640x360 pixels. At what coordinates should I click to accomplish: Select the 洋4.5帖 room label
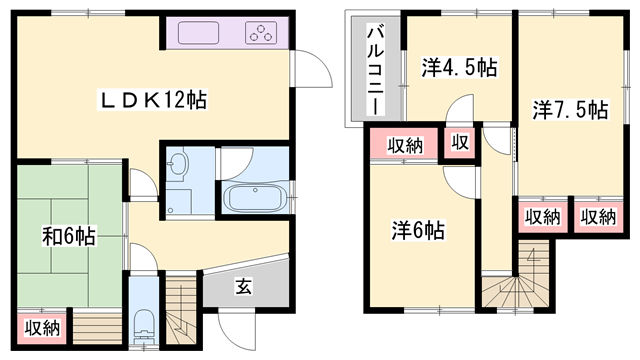459,68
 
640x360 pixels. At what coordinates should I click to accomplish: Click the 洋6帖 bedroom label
417,231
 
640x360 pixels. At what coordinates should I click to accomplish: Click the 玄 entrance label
243,285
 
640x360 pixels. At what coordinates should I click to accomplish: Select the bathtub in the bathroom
254,196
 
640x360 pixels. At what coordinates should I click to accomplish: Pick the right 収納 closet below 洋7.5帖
597,216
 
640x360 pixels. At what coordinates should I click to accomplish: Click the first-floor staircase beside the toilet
181,310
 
